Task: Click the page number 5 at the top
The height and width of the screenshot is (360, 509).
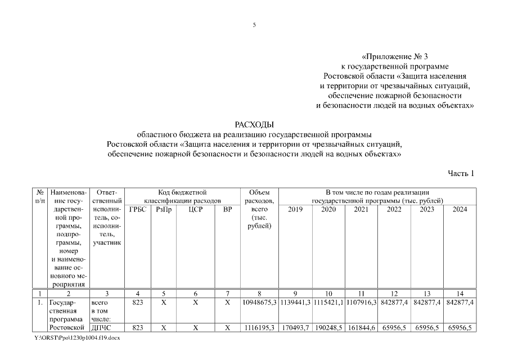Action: coord(254,25)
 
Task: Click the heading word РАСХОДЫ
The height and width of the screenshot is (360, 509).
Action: coord(254,124)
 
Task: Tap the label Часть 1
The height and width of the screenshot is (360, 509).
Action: coord(461,173)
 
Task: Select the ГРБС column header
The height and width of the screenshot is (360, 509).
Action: coord(137,210)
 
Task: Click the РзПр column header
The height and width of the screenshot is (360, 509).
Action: coord(163,210)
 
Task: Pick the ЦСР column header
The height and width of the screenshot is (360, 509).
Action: coord(195,210)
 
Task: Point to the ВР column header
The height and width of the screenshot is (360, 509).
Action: coord(227,210)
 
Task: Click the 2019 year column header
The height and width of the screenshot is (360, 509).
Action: coord(295,210)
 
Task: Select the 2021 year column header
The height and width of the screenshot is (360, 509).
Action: coord(361,210)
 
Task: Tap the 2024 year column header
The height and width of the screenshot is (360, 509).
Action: coord(460,210)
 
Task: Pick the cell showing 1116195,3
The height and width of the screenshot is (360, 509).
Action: coord(259,327)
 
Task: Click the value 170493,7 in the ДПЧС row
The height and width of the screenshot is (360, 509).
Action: coord(295,327)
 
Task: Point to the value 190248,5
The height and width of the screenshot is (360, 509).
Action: coord(328,327)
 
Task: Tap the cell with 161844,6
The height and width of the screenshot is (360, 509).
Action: coord(361,327)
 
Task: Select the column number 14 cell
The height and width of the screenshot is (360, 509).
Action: coord(460,293)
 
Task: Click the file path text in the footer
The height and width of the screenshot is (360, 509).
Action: coord(78,338)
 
